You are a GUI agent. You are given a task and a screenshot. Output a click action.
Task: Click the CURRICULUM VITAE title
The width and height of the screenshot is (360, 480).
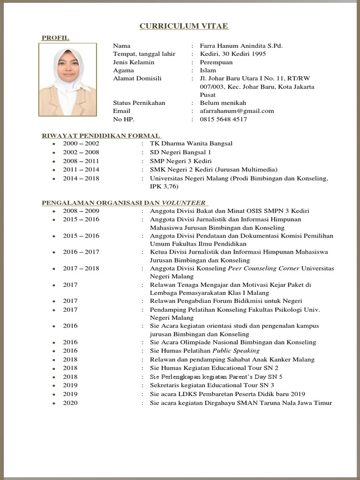tap(184, 26)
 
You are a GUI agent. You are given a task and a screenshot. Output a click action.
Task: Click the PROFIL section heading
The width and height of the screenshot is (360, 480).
tap(55, 37)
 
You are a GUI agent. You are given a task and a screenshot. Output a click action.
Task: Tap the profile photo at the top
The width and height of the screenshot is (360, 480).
tap(69, 80)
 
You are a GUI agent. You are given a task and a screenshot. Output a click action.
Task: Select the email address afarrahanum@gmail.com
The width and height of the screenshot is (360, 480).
tap(237, 111)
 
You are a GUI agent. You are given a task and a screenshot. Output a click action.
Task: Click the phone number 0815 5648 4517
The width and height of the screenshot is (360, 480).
tap(223, 120)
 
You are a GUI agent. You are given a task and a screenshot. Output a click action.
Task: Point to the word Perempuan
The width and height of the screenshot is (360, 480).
tap(216, 62)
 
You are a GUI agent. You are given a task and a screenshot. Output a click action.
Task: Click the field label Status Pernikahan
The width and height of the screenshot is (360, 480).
tap(139, 103)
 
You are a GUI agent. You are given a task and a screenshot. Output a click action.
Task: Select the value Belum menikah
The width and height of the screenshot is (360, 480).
tap(223, 103)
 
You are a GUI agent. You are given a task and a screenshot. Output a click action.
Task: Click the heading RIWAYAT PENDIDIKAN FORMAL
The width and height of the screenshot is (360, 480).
tap(101, 135)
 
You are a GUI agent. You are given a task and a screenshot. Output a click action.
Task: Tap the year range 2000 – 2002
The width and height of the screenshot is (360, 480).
tap(81, 144)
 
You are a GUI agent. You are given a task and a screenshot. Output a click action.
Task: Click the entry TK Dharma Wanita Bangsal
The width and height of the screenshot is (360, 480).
tap(191, 144)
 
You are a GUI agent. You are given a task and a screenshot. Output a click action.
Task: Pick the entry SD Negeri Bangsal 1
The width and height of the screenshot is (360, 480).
tap(180, 152)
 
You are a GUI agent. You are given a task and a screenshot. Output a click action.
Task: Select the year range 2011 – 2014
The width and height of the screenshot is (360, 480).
tap(81, 170)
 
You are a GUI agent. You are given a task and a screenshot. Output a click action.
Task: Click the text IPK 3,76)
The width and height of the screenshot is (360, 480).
tap(164, 187)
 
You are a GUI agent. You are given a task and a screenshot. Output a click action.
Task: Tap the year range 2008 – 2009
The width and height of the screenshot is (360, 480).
tap(81, 211)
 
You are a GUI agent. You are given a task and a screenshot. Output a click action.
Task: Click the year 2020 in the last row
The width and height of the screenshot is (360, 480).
tap(70, 403)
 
